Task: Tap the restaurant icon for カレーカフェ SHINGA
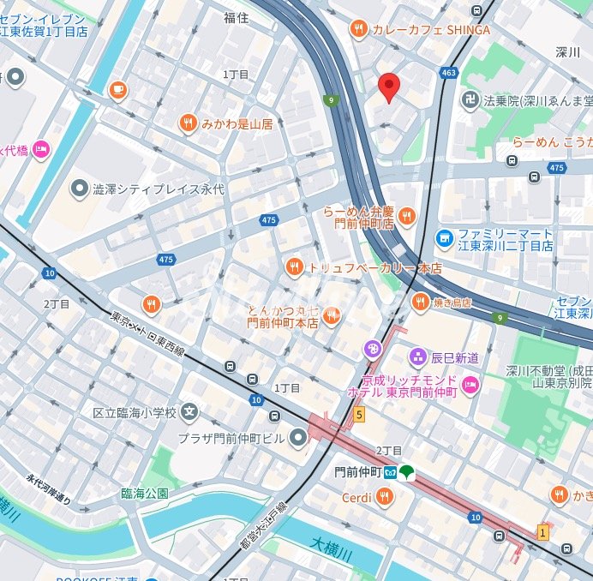click(358, 30)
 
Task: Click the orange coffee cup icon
click(118, 89)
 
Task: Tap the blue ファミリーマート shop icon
click(445, 237)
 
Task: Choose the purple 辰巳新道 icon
click(417, 355)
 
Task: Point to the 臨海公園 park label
click(144, 494)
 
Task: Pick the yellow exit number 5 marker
click(359, 415)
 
